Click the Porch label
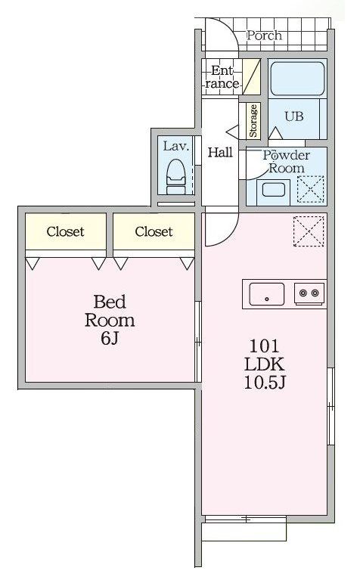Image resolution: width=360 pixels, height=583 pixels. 265,36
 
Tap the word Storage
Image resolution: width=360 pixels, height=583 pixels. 253,121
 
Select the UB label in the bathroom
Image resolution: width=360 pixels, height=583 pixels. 293,116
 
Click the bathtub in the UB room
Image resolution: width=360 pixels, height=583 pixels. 297,79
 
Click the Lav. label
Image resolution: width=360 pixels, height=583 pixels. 176,146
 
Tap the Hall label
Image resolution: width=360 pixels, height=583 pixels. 220,152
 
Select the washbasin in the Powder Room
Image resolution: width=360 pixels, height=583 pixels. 274,191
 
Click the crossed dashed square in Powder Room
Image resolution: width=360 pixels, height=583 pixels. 311,190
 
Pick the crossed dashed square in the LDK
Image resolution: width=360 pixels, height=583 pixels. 309,231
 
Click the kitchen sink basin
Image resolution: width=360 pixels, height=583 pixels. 267,294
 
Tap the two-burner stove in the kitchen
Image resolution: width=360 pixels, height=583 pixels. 309,293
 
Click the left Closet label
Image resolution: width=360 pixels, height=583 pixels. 65,231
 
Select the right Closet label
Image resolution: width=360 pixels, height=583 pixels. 154,231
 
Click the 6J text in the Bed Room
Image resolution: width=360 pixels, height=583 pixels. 110,338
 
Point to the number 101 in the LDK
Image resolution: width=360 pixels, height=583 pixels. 264,346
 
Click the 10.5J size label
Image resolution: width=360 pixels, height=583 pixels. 265,382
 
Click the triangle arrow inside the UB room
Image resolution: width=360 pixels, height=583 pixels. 275,133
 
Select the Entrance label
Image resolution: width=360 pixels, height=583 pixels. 222,77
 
